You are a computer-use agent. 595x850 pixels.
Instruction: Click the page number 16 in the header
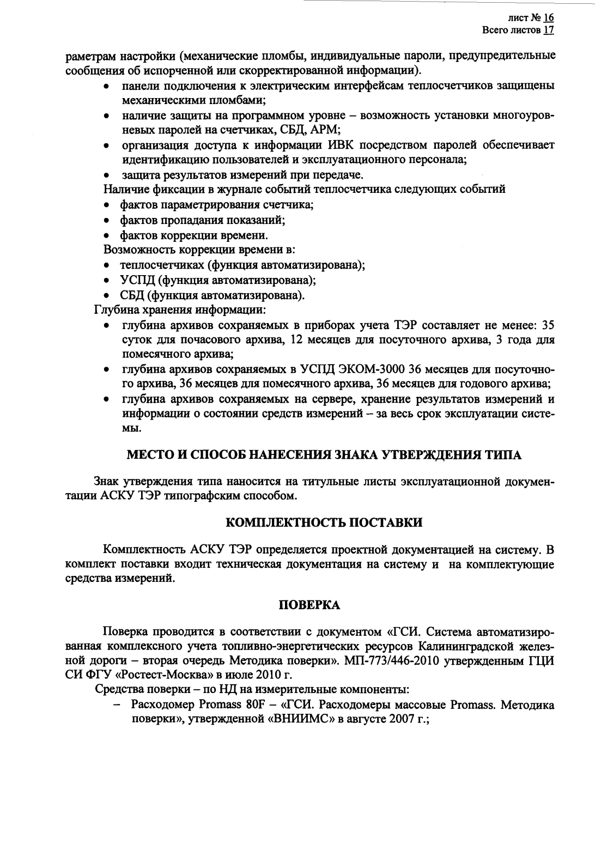549,19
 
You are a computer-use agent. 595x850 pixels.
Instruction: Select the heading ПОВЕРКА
309,605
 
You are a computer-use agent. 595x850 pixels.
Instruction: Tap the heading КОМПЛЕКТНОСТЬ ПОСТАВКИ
324,523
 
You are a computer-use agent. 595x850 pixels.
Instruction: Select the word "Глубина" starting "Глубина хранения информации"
115,311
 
